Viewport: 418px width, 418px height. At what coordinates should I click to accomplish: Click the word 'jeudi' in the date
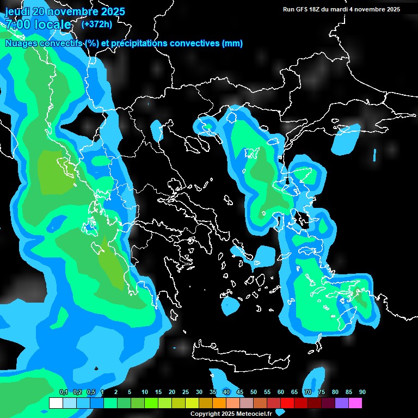[x=18, y=11]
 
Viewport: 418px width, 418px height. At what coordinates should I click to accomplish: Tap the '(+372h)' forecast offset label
[x=96, y=24]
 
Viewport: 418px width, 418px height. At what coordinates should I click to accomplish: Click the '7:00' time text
[x=18, y=25]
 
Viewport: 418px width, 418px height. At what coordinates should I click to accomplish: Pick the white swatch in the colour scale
[x=56, y=403]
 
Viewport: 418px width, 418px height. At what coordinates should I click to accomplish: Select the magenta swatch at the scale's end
[x=355, y=403]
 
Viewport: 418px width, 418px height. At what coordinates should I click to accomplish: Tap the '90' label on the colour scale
[x=362, y=392]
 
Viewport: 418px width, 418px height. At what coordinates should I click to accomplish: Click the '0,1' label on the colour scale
[x=63, y=392]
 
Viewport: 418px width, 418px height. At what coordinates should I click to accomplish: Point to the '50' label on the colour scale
[x=253, y=392]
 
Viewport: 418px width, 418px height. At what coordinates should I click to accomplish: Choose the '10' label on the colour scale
[x=144, y=392]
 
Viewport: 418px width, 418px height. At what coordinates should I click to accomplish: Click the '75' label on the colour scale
[x=321, y=392]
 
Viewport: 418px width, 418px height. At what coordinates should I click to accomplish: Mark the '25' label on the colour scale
[x=185, y=392]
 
